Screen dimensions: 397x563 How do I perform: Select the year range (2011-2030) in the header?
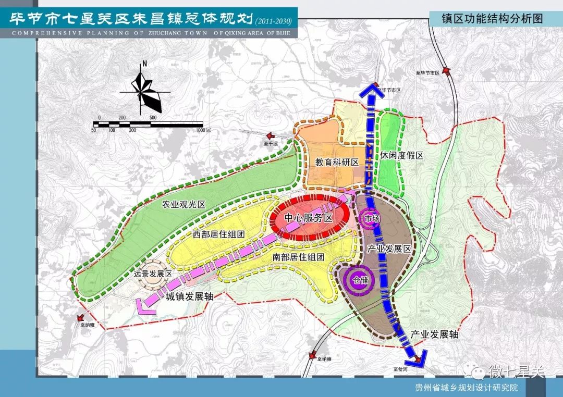[x=274, y=21]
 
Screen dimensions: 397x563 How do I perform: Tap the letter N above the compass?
[x=144, y=65]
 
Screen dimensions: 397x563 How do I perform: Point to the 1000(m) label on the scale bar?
[x=199, y=129]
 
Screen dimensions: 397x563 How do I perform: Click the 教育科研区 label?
[x=337, y=162]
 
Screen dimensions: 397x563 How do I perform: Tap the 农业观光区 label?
[x=183, y=205]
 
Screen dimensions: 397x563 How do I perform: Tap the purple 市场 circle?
[x=372, y=219]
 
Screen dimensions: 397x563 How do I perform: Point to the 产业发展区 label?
[x=389, y=249]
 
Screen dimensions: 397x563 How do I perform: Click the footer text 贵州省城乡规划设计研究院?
[x=466, y=388]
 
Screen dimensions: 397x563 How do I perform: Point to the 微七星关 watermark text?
[x=516, y=371]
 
